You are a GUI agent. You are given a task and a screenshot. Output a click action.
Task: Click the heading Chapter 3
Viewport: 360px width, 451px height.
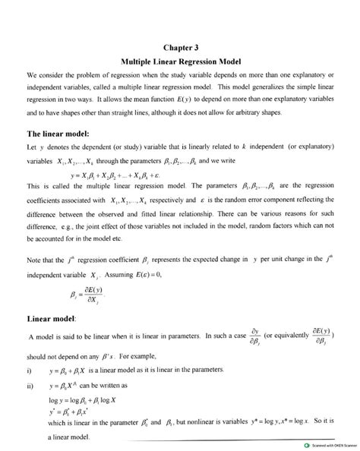[180, 45]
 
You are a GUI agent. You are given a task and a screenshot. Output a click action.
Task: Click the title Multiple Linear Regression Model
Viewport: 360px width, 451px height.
[180, 60]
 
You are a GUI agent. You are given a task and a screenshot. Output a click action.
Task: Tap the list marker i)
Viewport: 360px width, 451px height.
[29, 372]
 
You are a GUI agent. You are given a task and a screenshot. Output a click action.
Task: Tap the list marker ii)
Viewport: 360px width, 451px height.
[30, 386]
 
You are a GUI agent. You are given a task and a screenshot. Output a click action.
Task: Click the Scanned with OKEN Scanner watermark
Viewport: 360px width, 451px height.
[324, 445]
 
